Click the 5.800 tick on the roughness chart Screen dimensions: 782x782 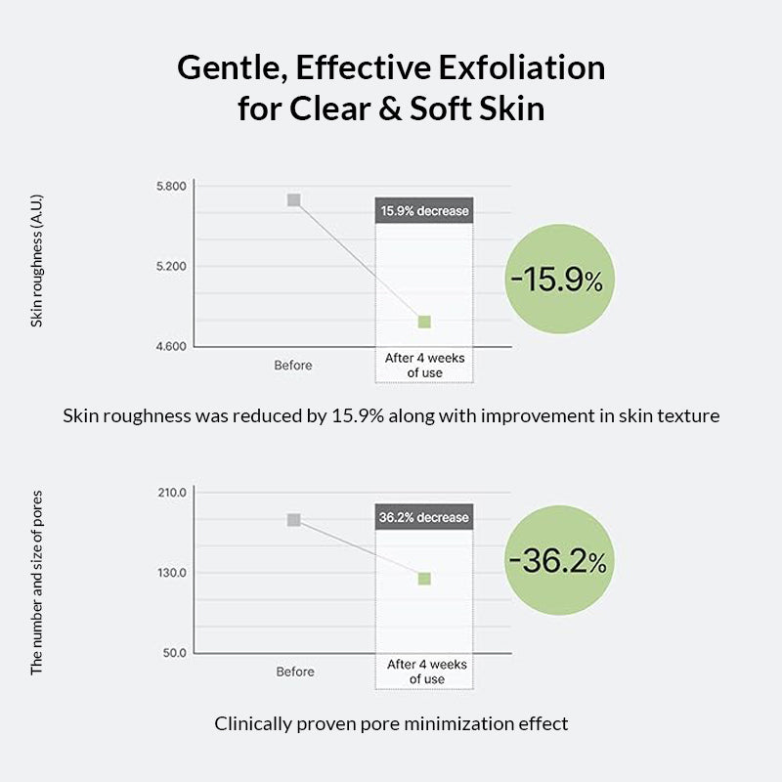click(171, 186)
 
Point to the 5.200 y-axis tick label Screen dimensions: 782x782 click(171, 266)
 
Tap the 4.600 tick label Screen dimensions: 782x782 click(171, 346)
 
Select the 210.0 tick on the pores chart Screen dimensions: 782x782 click(171, 493)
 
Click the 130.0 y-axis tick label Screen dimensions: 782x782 click(171, 573)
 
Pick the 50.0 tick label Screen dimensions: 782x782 click(174, 653)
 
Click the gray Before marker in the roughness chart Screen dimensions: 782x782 click(293, 200)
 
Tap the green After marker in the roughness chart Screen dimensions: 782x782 click(424, 322)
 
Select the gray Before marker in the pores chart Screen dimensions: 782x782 click(293, 520)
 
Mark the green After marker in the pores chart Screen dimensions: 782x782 click(424, 579)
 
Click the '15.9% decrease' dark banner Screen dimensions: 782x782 click(424, 211)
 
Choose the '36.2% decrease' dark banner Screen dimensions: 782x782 click(424, 517)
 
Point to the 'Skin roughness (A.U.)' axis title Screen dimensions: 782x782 click(37, 260)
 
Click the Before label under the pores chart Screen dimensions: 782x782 click(295, 672)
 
